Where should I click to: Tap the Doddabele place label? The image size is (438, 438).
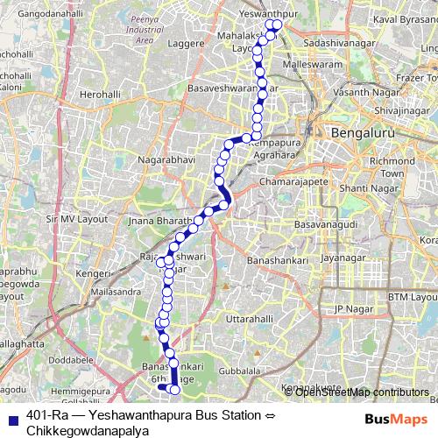click(71, 359)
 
